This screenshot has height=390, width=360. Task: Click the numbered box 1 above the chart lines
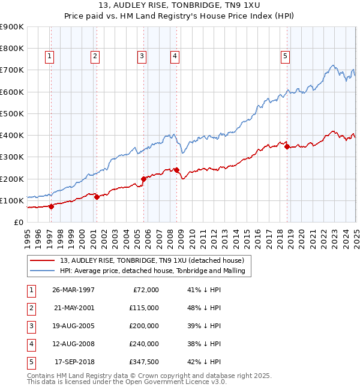click(x=49, y=57)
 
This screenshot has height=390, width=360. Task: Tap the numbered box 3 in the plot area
click(x=142, y=57)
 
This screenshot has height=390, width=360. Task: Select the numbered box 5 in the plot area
click(x=285, y=57)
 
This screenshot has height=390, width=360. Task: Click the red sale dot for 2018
click(x=287, y=146)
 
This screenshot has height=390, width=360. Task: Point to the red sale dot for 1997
click(x=51, y=206)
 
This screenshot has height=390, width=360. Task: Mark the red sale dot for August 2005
click(x=144, y=179)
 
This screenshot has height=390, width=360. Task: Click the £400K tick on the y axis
click(x=13, y=135)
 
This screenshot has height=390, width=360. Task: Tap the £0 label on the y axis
click(x=18, y=222)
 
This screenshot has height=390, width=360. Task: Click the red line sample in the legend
click(x=43, y=261)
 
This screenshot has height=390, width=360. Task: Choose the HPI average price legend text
click(x=155, y=271)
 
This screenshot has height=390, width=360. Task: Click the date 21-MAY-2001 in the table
click(x=74, y=307)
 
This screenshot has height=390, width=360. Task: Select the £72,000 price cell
click(x=146, y=289)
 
